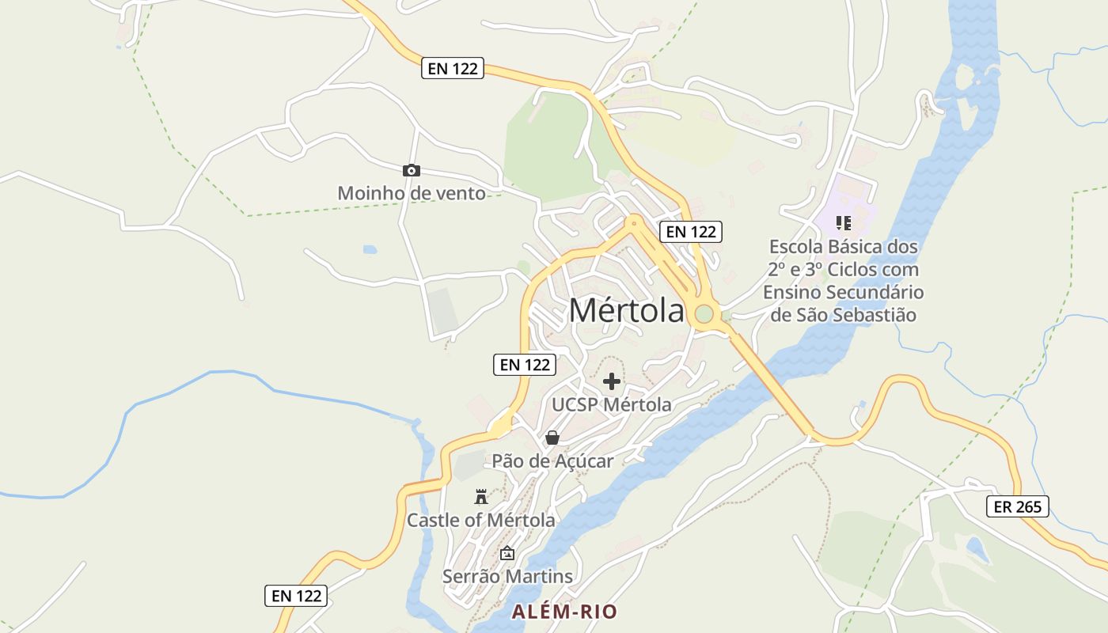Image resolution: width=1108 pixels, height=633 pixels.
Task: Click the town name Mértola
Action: click(x=627, y=311)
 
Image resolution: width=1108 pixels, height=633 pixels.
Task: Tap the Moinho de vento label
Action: click(x=412, y=193)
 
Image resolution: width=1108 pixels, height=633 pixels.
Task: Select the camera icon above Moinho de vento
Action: click(x=411, y=170)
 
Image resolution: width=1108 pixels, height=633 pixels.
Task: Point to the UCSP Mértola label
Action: click(x=611, y=405)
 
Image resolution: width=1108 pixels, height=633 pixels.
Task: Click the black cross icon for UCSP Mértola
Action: click(x=611, y=381)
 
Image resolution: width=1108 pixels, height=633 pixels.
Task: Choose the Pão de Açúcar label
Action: click(x=552, y=461)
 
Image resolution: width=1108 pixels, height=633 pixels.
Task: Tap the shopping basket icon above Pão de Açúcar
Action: click(x=552, y=438)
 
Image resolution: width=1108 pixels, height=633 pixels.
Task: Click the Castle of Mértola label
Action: click(x=480, y=521)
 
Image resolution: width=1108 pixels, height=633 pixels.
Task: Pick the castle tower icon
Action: click(x=480, y=497)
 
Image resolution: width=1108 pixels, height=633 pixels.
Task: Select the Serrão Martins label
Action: click(x=507, y=577)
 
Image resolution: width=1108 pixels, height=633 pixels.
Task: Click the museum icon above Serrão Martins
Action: click(x=507, y=553)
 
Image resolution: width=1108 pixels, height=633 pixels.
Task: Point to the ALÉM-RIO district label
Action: click(x=564, y=612)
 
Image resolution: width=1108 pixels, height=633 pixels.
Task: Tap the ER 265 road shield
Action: click(x=1017, y=506)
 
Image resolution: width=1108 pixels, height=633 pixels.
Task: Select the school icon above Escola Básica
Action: click(x=843, y=223)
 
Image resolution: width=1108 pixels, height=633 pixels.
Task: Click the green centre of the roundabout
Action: click(x=704, y=314)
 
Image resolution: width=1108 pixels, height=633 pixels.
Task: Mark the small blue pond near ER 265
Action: click(x=978, y=548)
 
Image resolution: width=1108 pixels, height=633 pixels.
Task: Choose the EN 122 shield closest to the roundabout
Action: click(x=690, y=232)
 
